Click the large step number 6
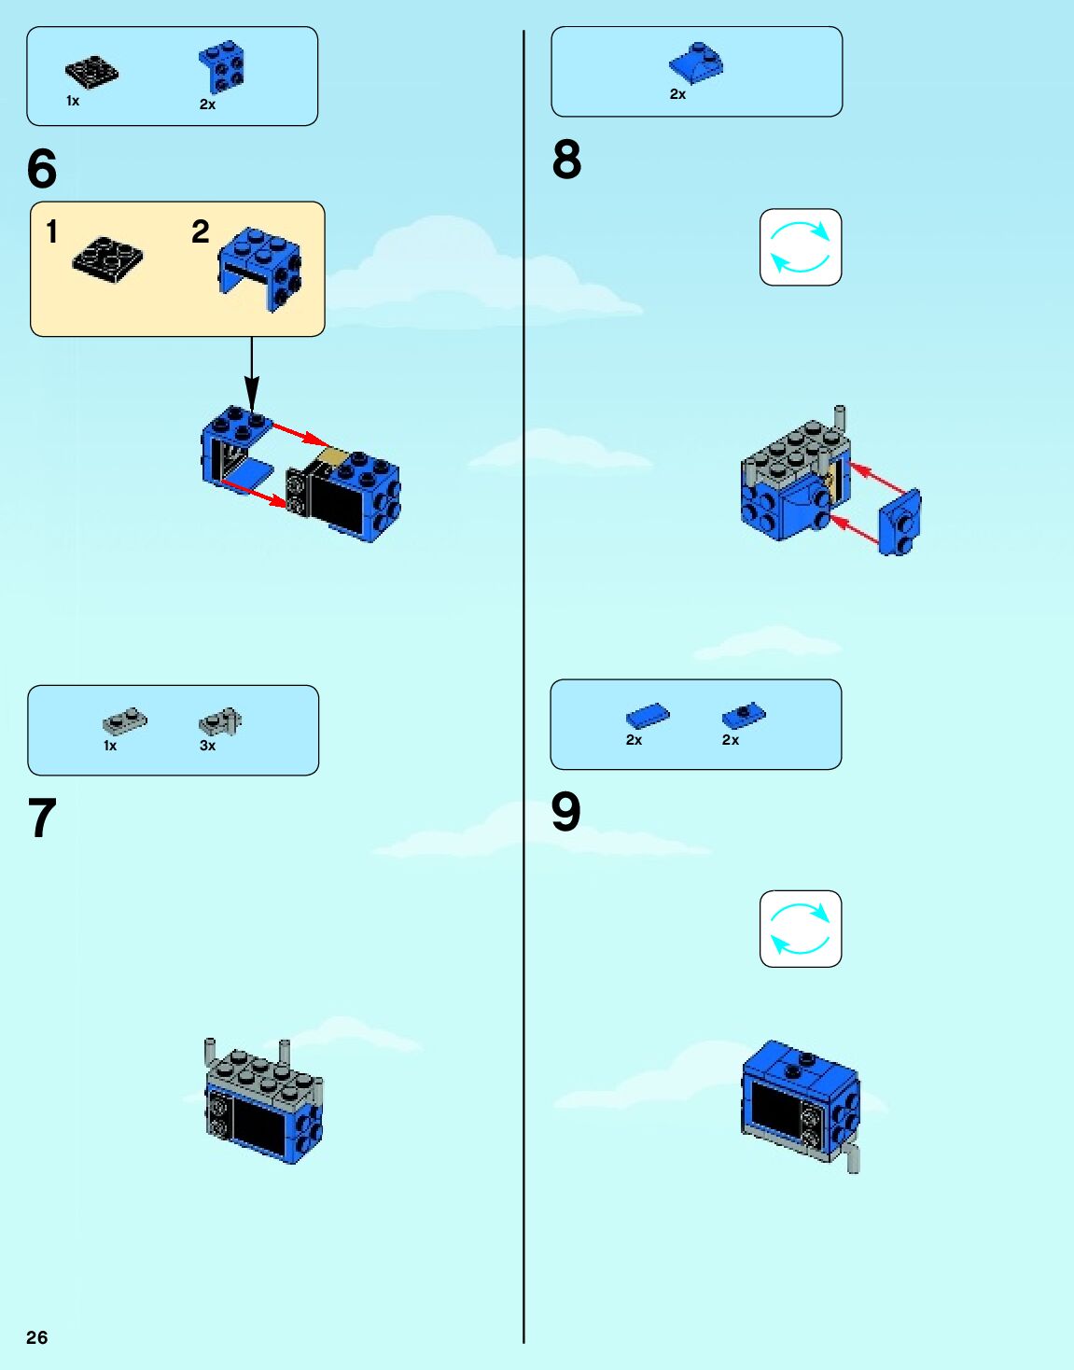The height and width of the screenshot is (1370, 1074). click(x=42, y=169)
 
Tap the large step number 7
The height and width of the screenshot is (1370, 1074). click(x=42, y=818)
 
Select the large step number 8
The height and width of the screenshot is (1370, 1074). click(x=566, y=160)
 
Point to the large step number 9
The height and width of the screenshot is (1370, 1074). click(x=566, y=812)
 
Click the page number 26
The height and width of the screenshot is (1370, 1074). click(x=37, y=1337)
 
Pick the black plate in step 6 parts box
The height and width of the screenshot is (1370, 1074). click(x=91, y=73)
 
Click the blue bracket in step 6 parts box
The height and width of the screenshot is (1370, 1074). click(x=222, y=67)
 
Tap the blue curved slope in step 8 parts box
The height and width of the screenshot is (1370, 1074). click(x=696, y=63)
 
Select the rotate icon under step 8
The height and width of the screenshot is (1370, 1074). click(x=801, y=247)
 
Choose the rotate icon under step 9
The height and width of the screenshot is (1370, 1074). click(x=801, y=929)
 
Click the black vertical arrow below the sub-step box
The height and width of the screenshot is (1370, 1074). click(x=252, y=375)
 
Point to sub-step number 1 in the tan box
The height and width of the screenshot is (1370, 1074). click(x=51, y=231)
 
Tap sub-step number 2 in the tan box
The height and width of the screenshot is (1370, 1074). click(x=201, y=231)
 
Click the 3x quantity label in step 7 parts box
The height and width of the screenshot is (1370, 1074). click(x=207, y=746)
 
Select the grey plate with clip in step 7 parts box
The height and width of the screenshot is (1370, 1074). click(x=220, y=721)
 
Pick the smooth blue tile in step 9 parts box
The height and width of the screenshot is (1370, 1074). click(x=648, y=716)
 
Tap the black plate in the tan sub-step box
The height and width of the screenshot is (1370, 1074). click(x=108, y=263)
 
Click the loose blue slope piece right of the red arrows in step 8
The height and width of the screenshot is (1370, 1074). click(x=900, y=522)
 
